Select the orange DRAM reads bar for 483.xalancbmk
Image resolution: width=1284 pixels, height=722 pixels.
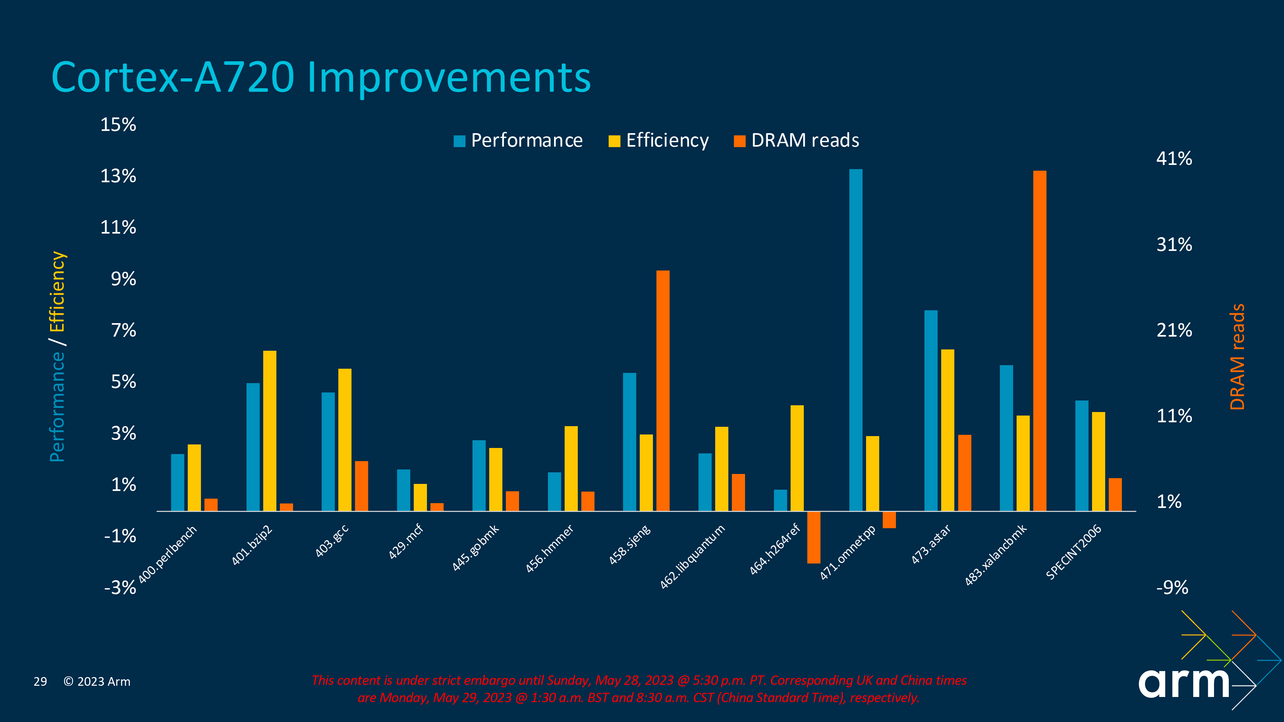[1039, 341]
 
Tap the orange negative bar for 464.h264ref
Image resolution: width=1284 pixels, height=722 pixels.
[813, 537]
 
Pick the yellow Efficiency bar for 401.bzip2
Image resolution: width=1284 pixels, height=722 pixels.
[270, 431]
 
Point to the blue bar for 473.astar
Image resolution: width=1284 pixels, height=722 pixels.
[931, 411]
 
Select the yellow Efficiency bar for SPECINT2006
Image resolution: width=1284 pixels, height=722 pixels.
[1098, 461]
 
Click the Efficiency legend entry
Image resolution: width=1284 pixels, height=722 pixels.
[658, 141]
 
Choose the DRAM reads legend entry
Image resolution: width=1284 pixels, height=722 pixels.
[796, 141]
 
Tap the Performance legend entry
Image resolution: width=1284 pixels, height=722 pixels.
[518, 141]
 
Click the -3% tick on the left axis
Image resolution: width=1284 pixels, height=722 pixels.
[120, 588]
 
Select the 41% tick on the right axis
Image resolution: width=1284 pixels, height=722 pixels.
[1174, 159]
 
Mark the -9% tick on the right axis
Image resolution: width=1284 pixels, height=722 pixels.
[1172, 588]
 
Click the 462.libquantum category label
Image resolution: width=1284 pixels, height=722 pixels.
[692, 556]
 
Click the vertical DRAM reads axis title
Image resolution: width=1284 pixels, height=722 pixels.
[1237, 357]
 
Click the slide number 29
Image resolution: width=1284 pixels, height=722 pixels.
[40, 682]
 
